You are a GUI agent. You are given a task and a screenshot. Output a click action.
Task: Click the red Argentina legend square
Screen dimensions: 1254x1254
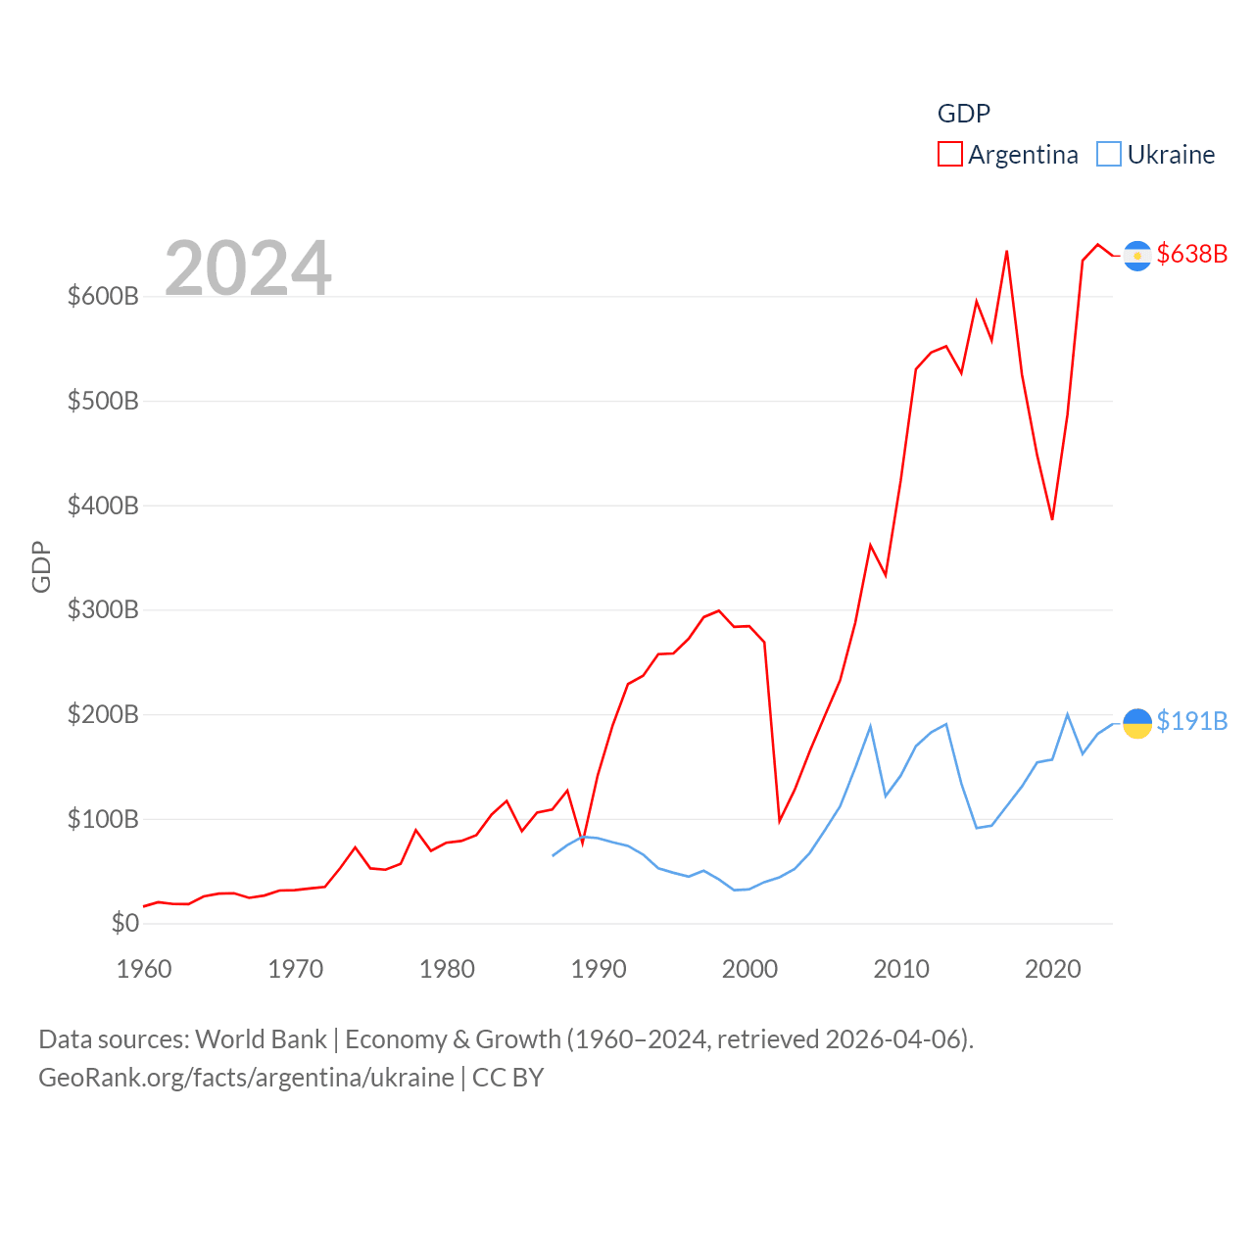[x=949, y=155]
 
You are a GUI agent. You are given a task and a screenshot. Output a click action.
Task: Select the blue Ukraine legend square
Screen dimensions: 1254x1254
[x=1108, y=155]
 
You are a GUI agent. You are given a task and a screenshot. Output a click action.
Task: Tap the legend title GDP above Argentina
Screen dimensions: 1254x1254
[x=963, y=114]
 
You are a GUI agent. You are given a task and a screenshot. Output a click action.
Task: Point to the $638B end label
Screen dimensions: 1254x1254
[x=1191, y=254]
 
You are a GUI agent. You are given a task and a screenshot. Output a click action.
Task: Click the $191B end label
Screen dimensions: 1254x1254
[x=1191, y=721]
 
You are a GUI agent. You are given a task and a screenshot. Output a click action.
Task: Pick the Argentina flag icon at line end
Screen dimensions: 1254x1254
[x=1136, y=256]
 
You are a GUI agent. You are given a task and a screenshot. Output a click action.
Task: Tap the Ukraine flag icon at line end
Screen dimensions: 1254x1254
[x=1136, y=723]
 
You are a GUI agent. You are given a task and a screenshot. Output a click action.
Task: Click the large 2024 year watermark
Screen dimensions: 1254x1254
[x=248, y=267]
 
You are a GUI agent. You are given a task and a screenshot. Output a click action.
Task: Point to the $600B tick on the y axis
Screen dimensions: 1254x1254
[x=103, y=296]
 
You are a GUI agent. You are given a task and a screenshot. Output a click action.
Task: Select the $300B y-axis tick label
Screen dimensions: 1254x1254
[x=103, y=609]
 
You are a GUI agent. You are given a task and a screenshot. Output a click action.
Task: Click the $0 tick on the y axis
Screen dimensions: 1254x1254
[x=124, y=923]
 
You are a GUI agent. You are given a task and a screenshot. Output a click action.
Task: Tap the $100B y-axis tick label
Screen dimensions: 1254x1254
[x=103, y=819]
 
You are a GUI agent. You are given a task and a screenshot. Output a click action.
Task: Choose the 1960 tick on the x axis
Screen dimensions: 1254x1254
[x=144, y=969]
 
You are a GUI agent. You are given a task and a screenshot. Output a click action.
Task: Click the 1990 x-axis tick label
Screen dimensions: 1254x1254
[x=599, y=969]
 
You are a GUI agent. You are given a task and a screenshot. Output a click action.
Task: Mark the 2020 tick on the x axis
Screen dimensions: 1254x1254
[x=1052, y=969]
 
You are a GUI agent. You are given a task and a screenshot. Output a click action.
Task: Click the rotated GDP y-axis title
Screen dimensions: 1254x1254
[x=41, y=566]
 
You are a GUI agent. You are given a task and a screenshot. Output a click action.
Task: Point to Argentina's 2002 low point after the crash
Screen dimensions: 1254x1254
[x=780, y=821]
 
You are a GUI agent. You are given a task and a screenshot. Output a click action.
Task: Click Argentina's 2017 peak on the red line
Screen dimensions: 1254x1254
[x=1007, y=252]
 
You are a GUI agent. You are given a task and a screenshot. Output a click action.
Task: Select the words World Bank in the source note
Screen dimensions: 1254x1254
[x=261, y=1039]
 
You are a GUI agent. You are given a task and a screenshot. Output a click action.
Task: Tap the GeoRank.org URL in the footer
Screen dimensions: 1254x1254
[x=246, y=1078]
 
